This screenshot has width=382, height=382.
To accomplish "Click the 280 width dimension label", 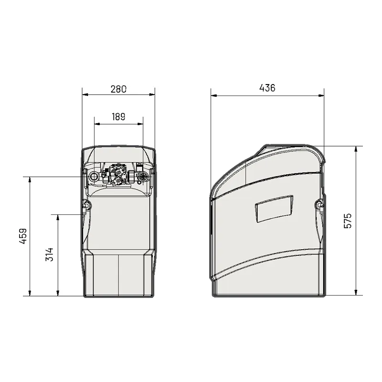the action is [x=118, y=89].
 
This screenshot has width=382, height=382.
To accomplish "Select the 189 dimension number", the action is [x=118, y=117].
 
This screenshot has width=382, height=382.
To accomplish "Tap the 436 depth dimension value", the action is [x=267, y=88].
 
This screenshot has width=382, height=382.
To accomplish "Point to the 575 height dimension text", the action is [x=348, y=221].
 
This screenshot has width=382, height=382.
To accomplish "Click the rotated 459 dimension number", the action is [x=23, y=236].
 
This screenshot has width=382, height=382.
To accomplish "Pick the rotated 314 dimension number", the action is [x=50, y=255].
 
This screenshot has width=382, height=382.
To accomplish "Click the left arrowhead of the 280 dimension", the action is [x=85, y=95].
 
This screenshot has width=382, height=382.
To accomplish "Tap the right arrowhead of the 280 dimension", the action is [x=152, y=95].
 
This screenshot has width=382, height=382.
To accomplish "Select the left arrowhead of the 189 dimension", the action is [x=97, y=124].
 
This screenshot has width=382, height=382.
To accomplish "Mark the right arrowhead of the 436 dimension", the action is [x=321, y=96].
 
